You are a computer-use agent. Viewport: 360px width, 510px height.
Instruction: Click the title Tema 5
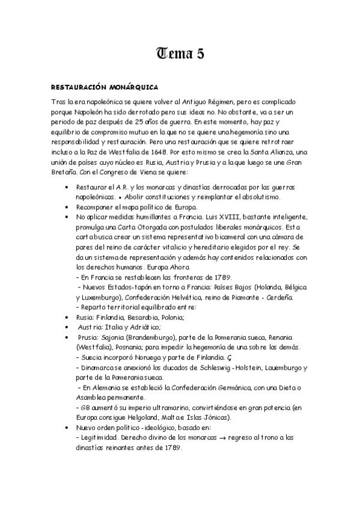tap(180, 55)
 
